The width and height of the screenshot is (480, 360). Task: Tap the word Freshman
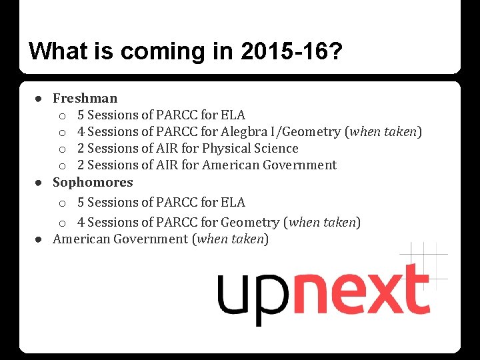tap(85, 99)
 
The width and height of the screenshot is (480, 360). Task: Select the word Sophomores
tap(93, 182)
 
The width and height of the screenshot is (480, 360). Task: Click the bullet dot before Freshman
tap(40, 99)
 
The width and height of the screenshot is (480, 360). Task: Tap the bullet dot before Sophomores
tap(40, 182)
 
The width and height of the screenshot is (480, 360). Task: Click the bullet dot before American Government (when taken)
tap(40, 239)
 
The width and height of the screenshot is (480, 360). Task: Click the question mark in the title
tap(335, 51)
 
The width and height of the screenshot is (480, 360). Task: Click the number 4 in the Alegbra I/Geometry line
tap(81, 132)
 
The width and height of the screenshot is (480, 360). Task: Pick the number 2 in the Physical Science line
tap(81, 149)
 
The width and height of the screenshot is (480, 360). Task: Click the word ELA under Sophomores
tap(233, 202)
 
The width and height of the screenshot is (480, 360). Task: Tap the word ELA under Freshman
tap(233, 115)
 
